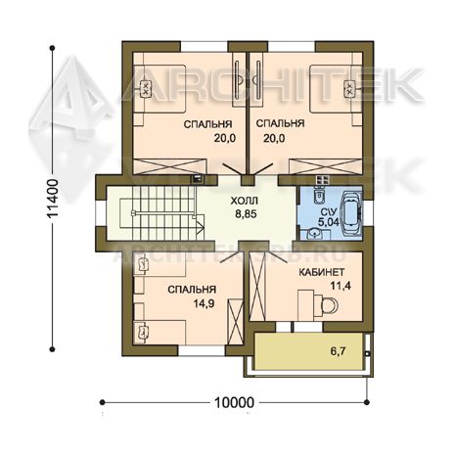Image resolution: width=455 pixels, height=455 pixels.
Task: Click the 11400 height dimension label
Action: pyautogui.click(x=53, y=198)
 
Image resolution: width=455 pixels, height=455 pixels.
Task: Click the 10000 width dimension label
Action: pyautogui.click(x=234, y=402)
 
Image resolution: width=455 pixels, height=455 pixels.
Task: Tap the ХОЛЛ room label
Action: pyautogui.click(x=245, y=201)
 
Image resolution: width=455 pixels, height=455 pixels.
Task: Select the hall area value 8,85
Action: pyautogui.click(x=246, y=214)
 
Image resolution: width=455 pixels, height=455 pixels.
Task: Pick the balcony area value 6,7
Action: pyautogui.click(x=338, y=351)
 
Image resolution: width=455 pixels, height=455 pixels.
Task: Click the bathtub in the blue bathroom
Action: pyautogui.click(x=351, y=213)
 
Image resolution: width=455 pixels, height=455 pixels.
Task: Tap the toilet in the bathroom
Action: pyautogui.click(x=318, y=196)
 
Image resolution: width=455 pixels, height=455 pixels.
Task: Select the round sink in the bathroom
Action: pyautogui.click(x=314, y=234)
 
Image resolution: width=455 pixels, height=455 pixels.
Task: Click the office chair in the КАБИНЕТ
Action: pyautogui.click(x=330, y=305)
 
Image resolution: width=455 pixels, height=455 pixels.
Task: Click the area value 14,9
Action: pyautogui.click(x=204, y=303)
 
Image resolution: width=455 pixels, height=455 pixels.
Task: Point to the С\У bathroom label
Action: pyautogui.click(x=325, y=212)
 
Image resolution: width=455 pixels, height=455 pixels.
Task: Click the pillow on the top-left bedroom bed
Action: pyautogui.click(x=146, y=88)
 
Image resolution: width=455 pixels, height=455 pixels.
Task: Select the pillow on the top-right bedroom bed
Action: pyautogui.click(x=349, y=88)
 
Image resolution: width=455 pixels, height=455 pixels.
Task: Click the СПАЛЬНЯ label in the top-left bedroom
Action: pyautogui.click(x=207, y=124)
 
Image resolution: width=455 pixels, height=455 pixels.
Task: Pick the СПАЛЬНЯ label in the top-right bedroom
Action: pyautogui.click(x=280, y=123)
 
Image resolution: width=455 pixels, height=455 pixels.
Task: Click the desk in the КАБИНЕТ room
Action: pyautogui.click(x=306, y=305)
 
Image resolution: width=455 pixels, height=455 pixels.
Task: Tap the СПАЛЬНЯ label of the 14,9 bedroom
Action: pyautogui.click(x=192, y=290)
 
